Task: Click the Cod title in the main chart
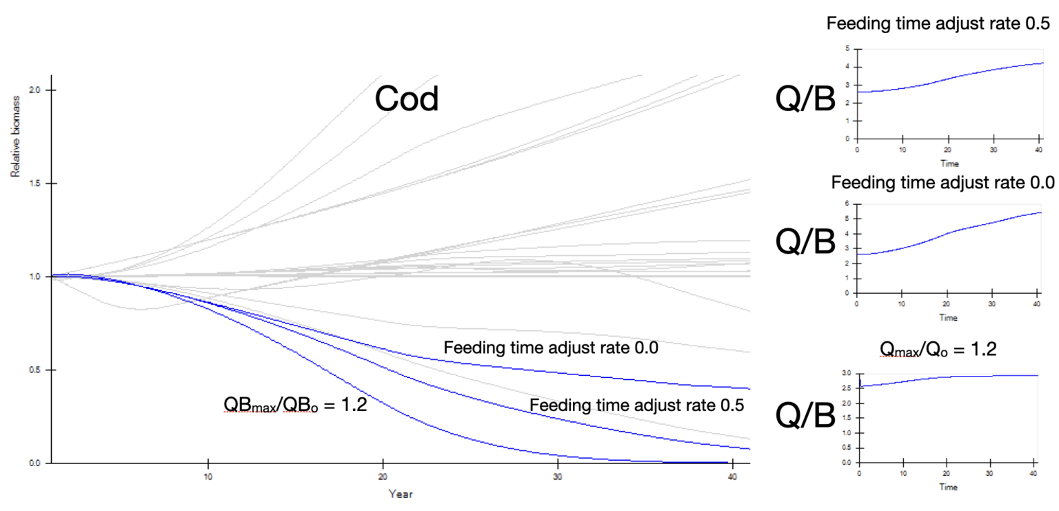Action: [x=406, y=100]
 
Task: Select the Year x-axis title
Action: [x=401, y=494]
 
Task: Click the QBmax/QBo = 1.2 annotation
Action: [x=294, y=405]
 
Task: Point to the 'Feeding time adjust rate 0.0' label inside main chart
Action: [x=551, y=348]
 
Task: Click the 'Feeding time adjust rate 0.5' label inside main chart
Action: [x=636, y=405]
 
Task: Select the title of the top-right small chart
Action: [x=938, y=24]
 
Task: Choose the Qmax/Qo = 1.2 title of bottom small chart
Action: [x=938, y=349]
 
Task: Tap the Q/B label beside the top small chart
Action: [x=805, y=101]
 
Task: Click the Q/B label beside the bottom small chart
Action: [x=805, y=414]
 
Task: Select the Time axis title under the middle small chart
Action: [x=947, y=318]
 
